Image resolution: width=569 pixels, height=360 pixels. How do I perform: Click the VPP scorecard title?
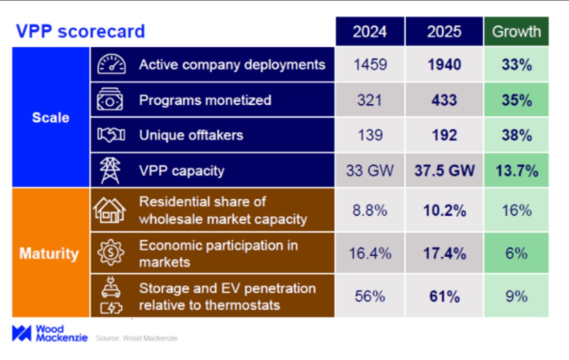point(80,31)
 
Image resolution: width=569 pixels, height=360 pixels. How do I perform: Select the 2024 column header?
point(370,31)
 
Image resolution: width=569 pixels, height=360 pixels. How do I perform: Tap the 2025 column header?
point(444,31)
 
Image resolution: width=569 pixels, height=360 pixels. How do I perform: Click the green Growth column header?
point(516,31)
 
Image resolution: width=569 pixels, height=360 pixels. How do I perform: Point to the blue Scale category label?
point(51,117)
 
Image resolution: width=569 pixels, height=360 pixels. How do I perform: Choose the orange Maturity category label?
point(49,254)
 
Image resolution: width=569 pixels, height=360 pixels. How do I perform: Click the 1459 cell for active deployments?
point(370,65)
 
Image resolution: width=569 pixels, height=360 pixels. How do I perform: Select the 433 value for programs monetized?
point(444,100)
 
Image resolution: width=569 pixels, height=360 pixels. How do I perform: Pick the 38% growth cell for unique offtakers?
point(516,135)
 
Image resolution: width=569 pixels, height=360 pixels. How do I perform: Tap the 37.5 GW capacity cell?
point(444,170)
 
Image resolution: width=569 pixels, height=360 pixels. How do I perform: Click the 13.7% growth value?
point(516,170)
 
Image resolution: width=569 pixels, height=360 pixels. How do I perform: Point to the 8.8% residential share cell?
point(370,211)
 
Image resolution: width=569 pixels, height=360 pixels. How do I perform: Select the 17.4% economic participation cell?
point(444,254)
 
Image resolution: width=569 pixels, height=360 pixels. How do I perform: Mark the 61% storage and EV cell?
point(444,296)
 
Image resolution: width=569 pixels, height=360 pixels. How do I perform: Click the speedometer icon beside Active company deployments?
point(111,65)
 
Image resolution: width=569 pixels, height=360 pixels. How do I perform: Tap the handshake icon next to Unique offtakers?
point(111,135)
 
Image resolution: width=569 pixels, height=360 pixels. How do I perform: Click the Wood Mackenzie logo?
point(49,333)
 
